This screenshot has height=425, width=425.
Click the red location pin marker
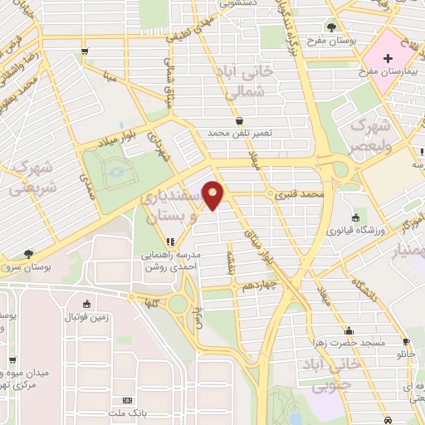215,196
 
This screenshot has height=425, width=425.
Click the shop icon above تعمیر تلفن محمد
239,120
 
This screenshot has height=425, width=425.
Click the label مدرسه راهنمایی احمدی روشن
170,262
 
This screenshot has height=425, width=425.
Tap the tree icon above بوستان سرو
30,254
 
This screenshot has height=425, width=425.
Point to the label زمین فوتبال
88,318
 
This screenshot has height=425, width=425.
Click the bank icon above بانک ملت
127,399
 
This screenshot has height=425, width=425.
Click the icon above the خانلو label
406,340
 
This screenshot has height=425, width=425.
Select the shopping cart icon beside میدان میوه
12,360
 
